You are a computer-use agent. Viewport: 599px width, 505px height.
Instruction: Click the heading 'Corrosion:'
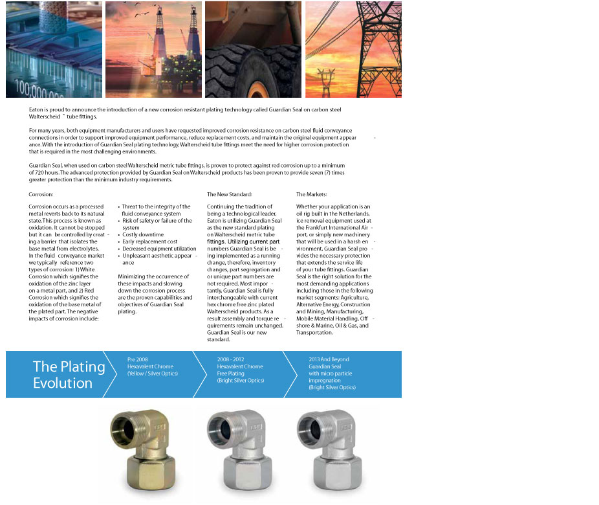pyautogui.click(x=41, y=194)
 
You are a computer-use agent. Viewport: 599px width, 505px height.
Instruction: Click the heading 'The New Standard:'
pyautogui.click(x=230, y=194)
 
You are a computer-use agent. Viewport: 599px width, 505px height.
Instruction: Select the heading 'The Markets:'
pyautogui.click(x=312, y=194)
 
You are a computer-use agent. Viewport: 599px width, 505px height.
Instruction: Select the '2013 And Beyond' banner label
pyautogui.click(x=329, y=359)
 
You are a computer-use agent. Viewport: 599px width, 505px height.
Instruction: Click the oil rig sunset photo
pyautogui.click(x=153, y=49)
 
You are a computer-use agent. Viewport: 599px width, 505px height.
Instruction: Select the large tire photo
pyautogui.click(x=253, y=49)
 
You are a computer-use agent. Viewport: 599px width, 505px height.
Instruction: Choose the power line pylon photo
pyautogui.click(x=353, y=49)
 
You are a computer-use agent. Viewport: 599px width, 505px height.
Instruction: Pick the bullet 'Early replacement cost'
pyautogui.click(x=149, y=241)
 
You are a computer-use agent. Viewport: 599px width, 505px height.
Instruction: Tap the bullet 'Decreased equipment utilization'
pyautogui.click(x=159, y=249)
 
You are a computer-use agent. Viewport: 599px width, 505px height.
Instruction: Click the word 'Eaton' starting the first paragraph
pyautogui.click(x=36, y=110)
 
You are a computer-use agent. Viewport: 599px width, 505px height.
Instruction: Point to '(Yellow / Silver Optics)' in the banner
pyautogui.click(x=153, y=374)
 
